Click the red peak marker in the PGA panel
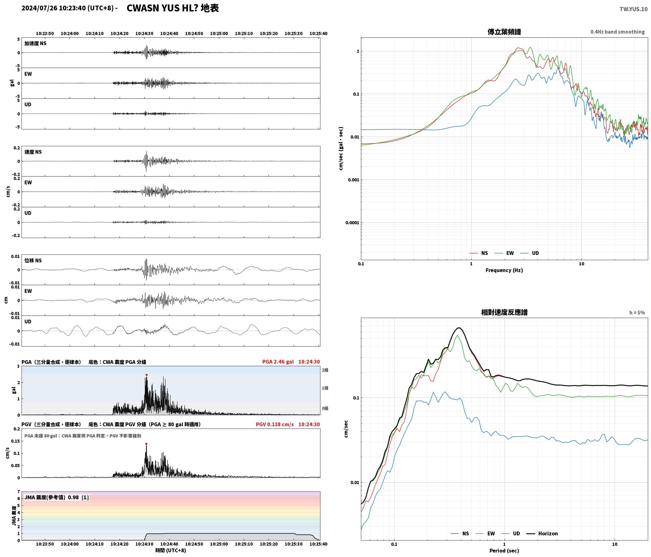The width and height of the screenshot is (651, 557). click(146, 375)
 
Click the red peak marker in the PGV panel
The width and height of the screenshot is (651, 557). click(146, 444)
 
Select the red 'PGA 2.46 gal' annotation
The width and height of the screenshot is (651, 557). click(278, 362)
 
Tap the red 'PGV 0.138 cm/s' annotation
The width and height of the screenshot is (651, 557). click(275, 424)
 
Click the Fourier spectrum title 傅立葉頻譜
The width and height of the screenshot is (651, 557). click(504, 32)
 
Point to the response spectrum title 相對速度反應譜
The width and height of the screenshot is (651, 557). click(504, 312)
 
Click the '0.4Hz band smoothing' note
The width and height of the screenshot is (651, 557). click(617, 32)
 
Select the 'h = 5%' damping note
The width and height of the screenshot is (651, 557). click(637, 313)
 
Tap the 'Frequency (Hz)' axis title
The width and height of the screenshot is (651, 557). click(504, 270)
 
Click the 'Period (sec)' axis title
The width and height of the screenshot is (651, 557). click(504, 551)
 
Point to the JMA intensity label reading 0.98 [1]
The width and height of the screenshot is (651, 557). click(57, 498)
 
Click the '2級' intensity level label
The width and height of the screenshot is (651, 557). click(325, 370)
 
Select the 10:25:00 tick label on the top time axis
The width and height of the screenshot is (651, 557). click(219, 34)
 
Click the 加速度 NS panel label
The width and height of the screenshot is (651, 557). click(35, 43)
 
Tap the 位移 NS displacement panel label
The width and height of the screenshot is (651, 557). click(33, 260)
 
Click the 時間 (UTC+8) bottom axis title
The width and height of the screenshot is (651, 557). click(170, 550)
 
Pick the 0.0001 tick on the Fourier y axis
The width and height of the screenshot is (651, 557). click(352, 223)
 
